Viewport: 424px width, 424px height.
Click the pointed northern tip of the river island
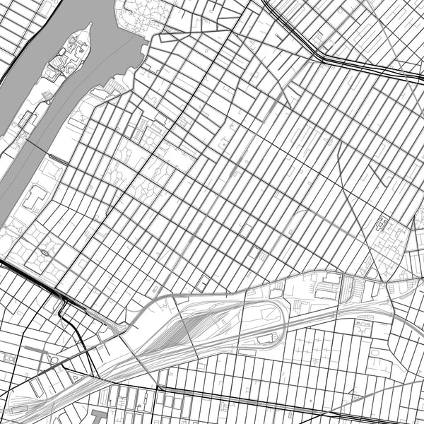[x=89, y=25]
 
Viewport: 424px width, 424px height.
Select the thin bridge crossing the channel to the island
[x=47, y=155]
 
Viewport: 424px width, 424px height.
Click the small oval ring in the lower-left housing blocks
[x=45, y=252]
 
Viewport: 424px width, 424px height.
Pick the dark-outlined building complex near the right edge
[x=382, y=225]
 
